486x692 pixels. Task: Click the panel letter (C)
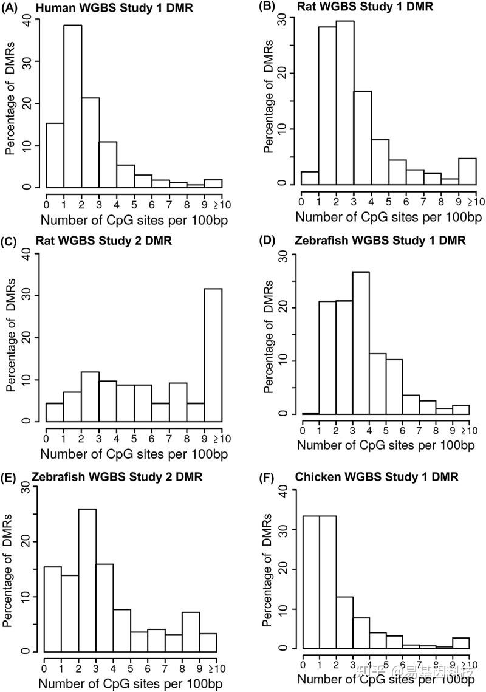click(x=13, y=241)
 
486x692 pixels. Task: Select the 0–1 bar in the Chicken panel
click(x=311, y=584)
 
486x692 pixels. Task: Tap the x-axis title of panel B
click(x=385, y=217)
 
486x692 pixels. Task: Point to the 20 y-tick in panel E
click(x=28, y=541)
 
